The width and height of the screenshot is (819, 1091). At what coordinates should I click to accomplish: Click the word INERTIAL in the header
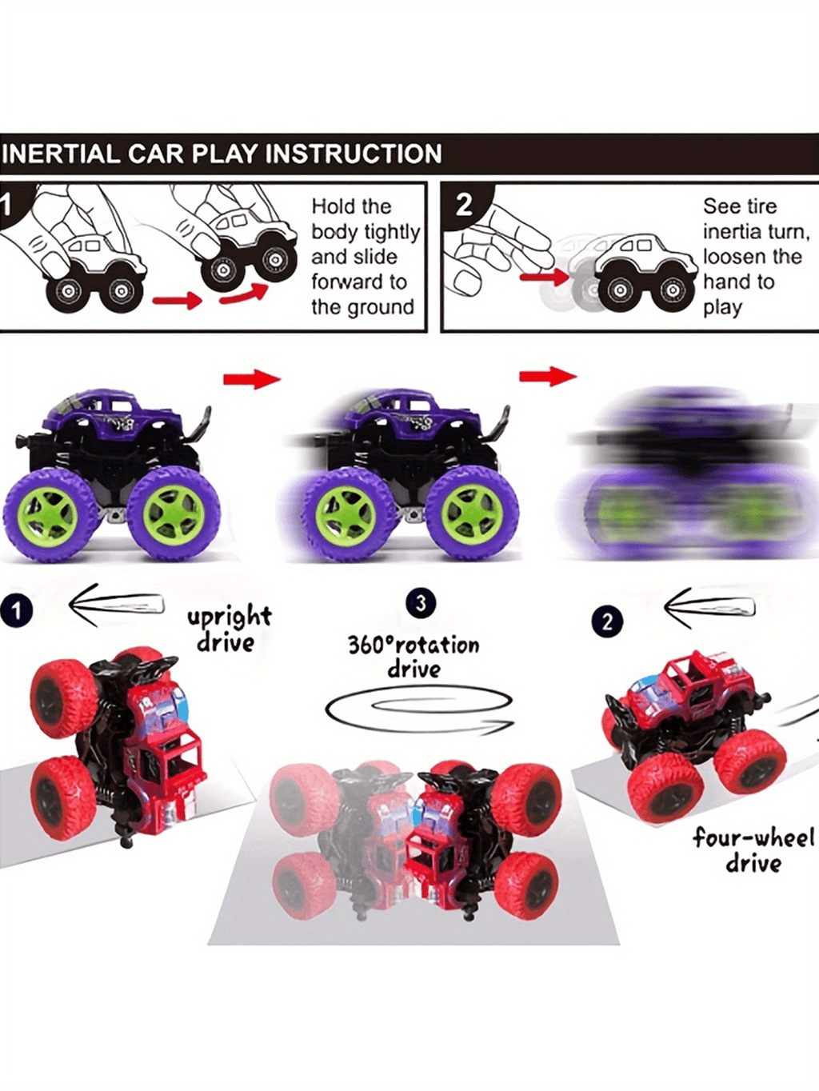point(61,154)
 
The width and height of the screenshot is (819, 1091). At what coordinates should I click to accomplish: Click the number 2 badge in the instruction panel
point(464,205)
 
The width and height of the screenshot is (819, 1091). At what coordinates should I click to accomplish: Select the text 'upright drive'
point(229,629)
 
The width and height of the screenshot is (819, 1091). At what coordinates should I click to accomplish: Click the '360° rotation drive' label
point(413,656)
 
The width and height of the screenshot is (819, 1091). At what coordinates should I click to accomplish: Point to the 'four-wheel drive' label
point(753,849)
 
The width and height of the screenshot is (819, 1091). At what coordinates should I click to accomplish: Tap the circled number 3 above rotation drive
point(421,603)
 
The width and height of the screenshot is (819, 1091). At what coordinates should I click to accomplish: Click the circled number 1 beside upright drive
point(16,612)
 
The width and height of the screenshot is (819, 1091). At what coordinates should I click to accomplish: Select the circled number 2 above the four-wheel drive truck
point(607,621)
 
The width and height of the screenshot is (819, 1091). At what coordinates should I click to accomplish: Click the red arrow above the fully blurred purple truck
point(548,376)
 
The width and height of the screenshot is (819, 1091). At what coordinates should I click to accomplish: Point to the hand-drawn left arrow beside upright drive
point(116,603)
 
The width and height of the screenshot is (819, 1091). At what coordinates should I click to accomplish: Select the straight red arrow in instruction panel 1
point(177,301)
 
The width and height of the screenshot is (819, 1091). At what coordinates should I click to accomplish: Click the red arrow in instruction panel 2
point(544,278)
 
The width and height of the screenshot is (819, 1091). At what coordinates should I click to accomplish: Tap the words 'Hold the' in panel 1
point(351,206)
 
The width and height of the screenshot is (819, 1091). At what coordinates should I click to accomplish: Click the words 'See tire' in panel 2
point(740,206)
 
